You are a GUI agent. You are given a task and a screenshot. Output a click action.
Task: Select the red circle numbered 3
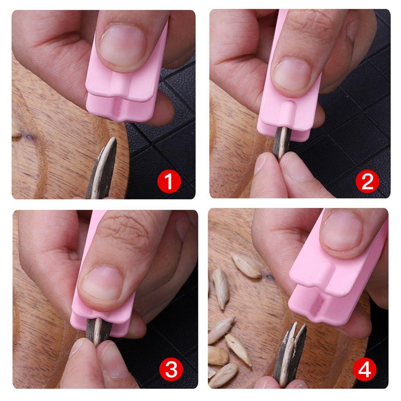pyautogui.click(x=171, y=370)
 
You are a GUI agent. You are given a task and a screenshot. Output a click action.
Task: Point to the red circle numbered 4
pyautogui.click(x=365, y=370)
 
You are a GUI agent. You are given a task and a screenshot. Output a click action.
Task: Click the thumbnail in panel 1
pyautogui.click(x=122, y=45)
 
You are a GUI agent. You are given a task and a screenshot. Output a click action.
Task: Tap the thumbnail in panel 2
pyautogui.click(x=292, y=75)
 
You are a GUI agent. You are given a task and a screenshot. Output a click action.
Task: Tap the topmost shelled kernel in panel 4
pyautogui.click(x=246, y=265)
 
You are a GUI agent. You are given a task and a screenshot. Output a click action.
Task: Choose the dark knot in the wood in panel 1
pyautogui.click(x=28, y=137)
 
